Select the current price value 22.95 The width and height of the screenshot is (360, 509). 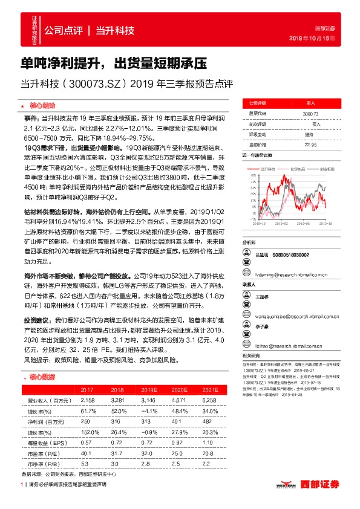[x=310, y=144]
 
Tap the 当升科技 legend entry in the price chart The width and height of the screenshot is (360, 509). [x=269, y=170]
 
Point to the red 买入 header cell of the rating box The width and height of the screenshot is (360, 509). [x=310, y=103]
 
